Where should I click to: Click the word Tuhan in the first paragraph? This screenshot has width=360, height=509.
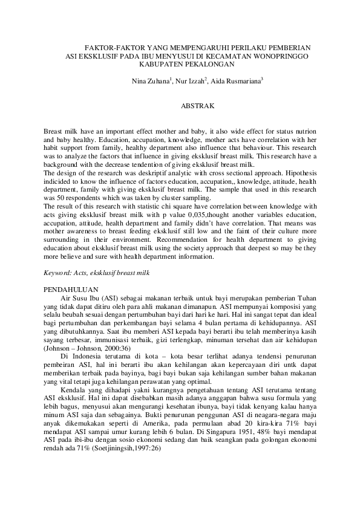[305, 299]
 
